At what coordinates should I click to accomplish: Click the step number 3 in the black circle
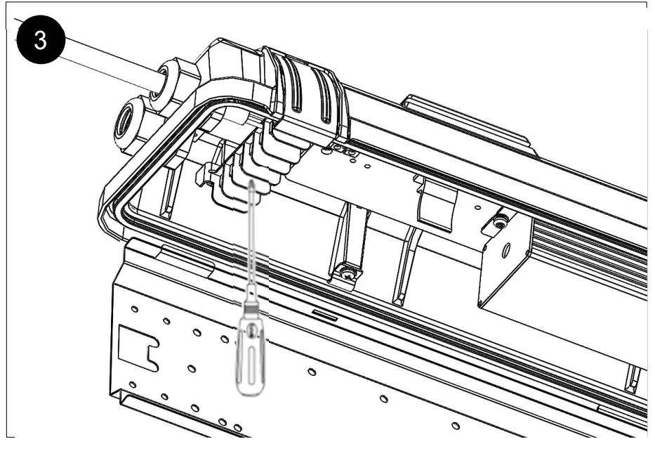tap(41, 41)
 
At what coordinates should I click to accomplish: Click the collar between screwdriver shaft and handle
tap(251, 306)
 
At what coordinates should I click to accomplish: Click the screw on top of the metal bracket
tap(498, 223)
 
